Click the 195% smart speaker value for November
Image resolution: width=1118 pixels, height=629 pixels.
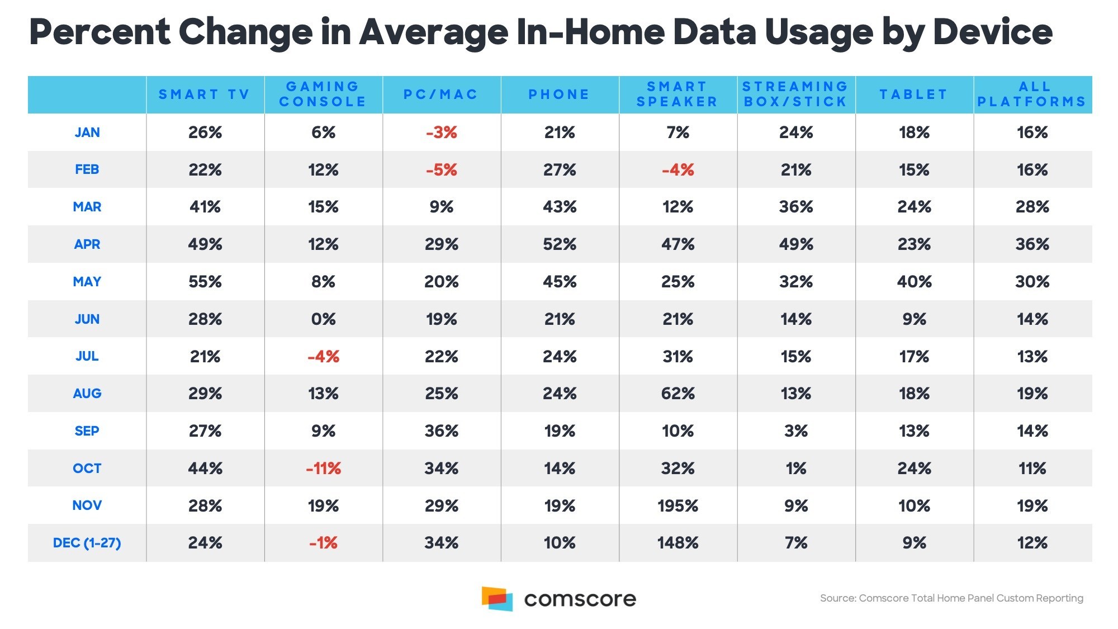678,506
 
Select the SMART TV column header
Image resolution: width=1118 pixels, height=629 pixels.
205,94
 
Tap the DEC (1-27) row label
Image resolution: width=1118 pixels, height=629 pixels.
87,543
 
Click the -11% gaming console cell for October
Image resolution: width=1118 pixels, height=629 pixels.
323,469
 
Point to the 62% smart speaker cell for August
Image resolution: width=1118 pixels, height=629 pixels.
678,394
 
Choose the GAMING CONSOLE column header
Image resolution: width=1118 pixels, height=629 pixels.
323,94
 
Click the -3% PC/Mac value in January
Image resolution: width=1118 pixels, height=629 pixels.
441,133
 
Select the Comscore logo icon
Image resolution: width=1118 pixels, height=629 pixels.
497,599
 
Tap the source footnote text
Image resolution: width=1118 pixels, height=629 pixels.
951,598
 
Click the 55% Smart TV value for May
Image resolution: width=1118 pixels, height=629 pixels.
205,282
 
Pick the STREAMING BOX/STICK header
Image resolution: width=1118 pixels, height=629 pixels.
795,94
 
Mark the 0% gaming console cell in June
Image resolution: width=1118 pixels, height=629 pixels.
323,319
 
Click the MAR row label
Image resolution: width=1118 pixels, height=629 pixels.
87,207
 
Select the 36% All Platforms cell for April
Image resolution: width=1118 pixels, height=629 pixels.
1032,244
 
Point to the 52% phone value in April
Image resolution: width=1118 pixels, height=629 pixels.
559,244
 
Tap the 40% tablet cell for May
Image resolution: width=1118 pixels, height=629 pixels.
914,282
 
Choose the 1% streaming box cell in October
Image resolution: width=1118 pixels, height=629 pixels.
795,469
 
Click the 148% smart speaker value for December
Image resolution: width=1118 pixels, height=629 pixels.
678,543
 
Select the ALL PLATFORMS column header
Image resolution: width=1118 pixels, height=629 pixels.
1032,94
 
